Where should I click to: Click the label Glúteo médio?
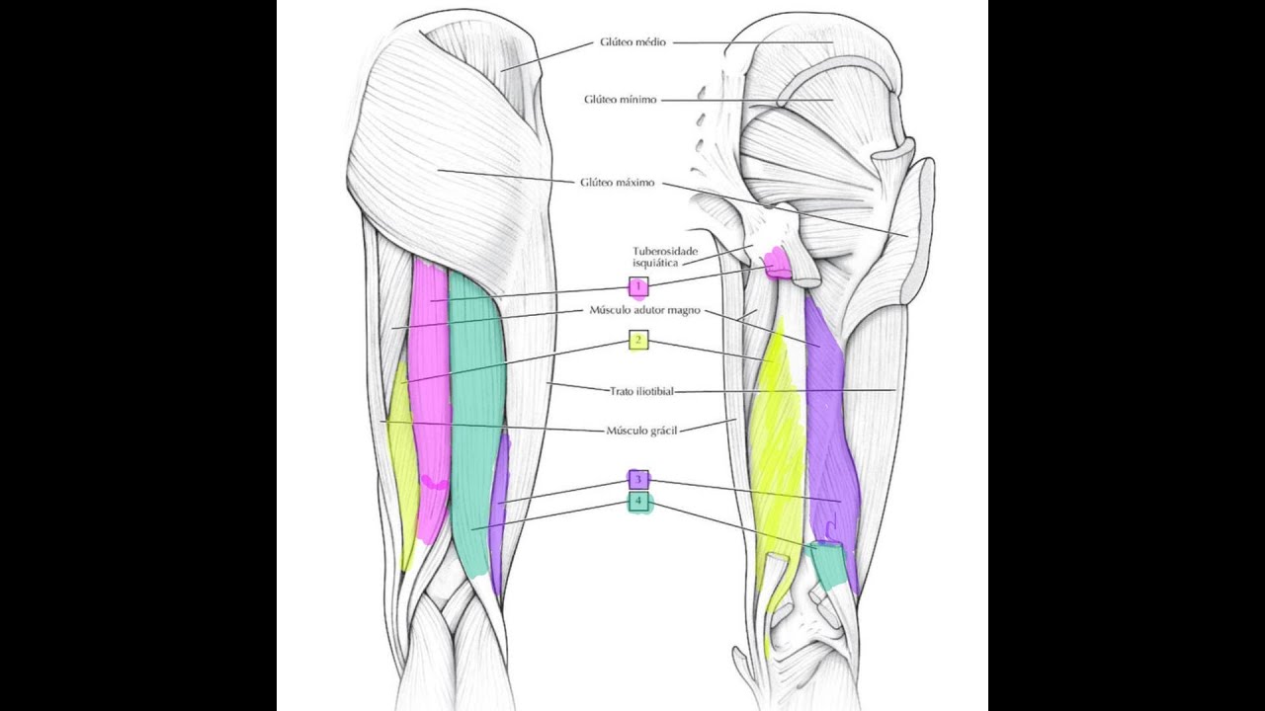point(633,42)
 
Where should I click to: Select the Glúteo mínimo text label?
point(620,100)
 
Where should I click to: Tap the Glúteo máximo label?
point(618,183)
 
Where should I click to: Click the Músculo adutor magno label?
point(645,310)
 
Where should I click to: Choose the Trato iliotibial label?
point(641,391)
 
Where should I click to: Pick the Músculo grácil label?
point(641,431)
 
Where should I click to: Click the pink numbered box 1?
point(638,286)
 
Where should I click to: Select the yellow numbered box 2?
point(638,341)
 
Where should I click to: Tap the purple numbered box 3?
point(638,480)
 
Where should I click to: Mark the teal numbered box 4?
point(638,501)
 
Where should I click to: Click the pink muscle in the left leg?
point(430,395)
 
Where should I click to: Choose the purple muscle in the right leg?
point(830,440)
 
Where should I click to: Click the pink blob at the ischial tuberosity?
point(776,264)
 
